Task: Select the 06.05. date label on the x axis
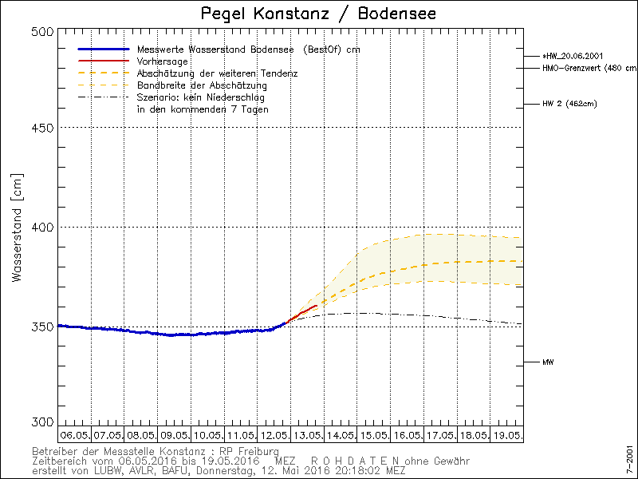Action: click(x=74, y=435)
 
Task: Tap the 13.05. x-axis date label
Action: click(x=307, y=435)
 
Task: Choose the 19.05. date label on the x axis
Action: click(x=507, y=435)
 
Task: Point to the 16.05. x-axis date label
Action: click(x=407, y=435)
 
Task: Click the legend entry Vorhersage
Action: click(x=163, y=61)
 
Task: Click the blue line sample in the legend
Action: click(x=103, y=49)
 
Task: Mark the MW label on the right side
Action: click(x=548, y=362)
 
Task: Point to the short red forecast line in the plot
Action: click(x=304, y=312)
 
